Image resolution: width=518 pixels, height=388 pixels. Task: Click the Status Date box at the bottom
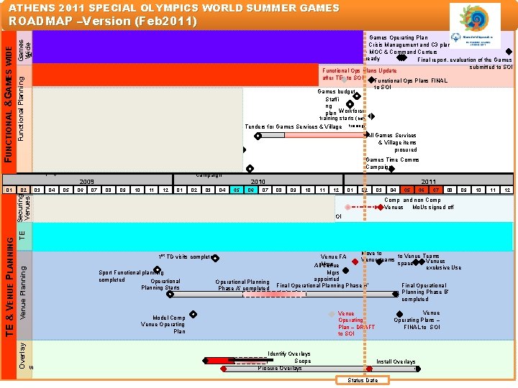[362, 380]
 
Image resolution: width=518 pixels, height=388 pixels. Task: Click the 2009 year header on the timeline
[87, 182]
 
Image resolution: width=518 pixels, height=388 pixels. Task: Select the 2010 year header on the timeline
[258, 182]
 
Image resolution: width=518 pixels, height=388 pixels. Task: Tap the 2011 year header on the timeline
[429, 182]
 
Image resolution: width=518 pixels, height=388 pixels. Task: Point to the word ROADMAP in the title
[41, 21]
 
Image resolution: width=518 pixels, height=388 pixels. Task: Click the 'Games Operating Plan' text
[399, 37]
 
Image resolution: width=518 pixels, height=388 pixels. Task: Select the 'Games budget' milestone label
[336, 91]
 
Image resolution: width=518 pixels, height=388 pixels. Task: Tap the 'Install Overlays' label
[396, 361]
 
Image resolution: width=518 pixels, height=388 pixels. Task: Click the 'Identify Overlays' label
[289, 354]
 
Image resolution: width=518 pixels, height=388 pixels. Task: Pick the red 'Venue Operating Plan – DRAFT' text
[356, 323]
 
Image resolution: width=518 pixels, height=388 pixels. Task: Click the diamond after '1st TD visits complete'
[214, 257]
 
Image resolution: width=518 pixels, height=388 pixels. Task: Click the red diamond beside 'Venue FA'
[355, 262]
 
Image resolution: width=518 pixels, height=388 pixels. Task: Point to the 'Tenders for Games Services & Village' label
[293, 126]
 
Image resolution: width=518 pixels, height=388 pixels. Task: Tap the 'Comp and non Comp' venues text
[412, 200]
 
